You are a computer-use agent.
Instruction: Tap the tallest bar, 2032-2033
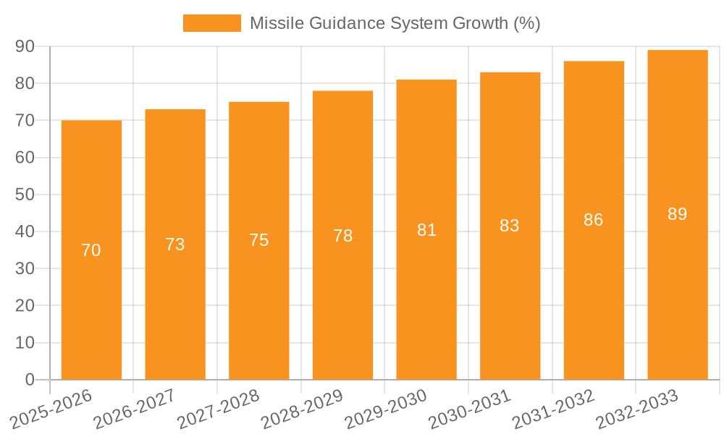point(677,289)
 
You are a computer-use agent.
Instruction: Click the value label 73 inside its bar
point(175,244)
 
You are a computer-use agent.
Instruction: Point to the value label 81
point(426,230)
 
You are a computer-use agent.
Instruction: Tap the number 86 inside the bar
point(594,220)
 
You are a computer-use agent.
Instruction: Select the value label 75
point(259,240)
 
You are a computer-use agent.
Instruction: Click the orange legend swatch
point(211,23)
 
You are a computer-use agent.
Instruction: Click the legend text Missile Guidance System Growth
point(395,23)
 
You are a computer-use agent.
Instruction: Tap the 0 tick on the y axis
point(30,380)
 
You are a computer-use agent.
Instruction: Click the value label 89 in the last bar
point(677,214)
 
